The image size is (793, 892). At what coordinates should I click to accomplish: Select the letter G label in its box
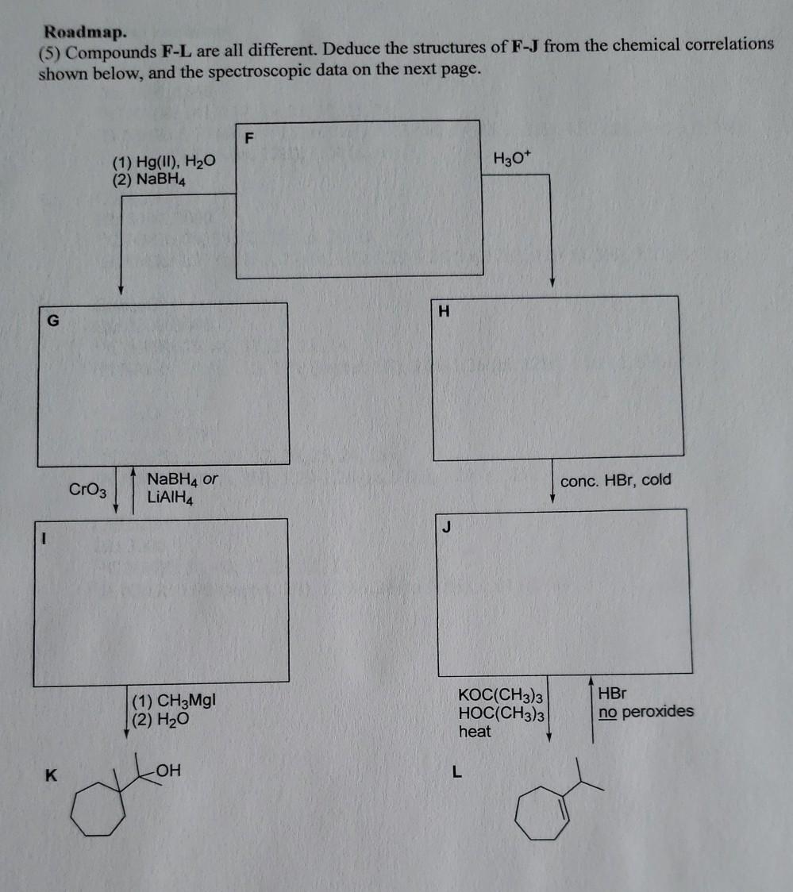[x=53, y=321]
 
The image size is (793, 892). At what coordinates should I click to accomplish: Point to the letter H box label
[x=444, y=312]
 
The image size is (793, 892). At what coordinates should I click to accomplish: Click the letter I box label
[x=45, y=537]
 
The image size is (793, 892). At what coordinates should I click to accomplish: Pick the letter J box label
[x=448, y=527]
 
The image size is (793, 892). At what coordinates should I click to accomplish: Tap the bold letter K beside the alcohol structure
[x=50, y=775]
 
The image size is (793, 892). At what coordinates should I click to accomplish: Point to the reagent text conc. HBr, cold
[x=615, y=480]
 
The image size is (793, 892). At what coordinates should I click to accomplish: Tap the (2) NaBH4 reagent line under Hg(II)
[x=151, y=179]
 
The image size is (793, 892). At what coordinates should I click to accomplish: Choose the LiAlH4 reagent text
[x=171, y=498]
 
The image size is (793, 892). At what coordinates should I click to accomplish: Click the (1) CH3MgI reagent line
[x=175, y=702]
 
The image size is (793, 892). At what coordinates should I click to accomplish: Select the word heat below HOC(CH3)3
[x=475, y=732]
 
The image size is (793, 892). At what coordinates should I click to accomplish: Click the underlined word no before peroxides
[x=607, y=712]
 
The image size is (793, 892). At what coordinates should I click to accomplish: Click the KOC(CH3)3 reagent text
[x=499, y=695]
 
